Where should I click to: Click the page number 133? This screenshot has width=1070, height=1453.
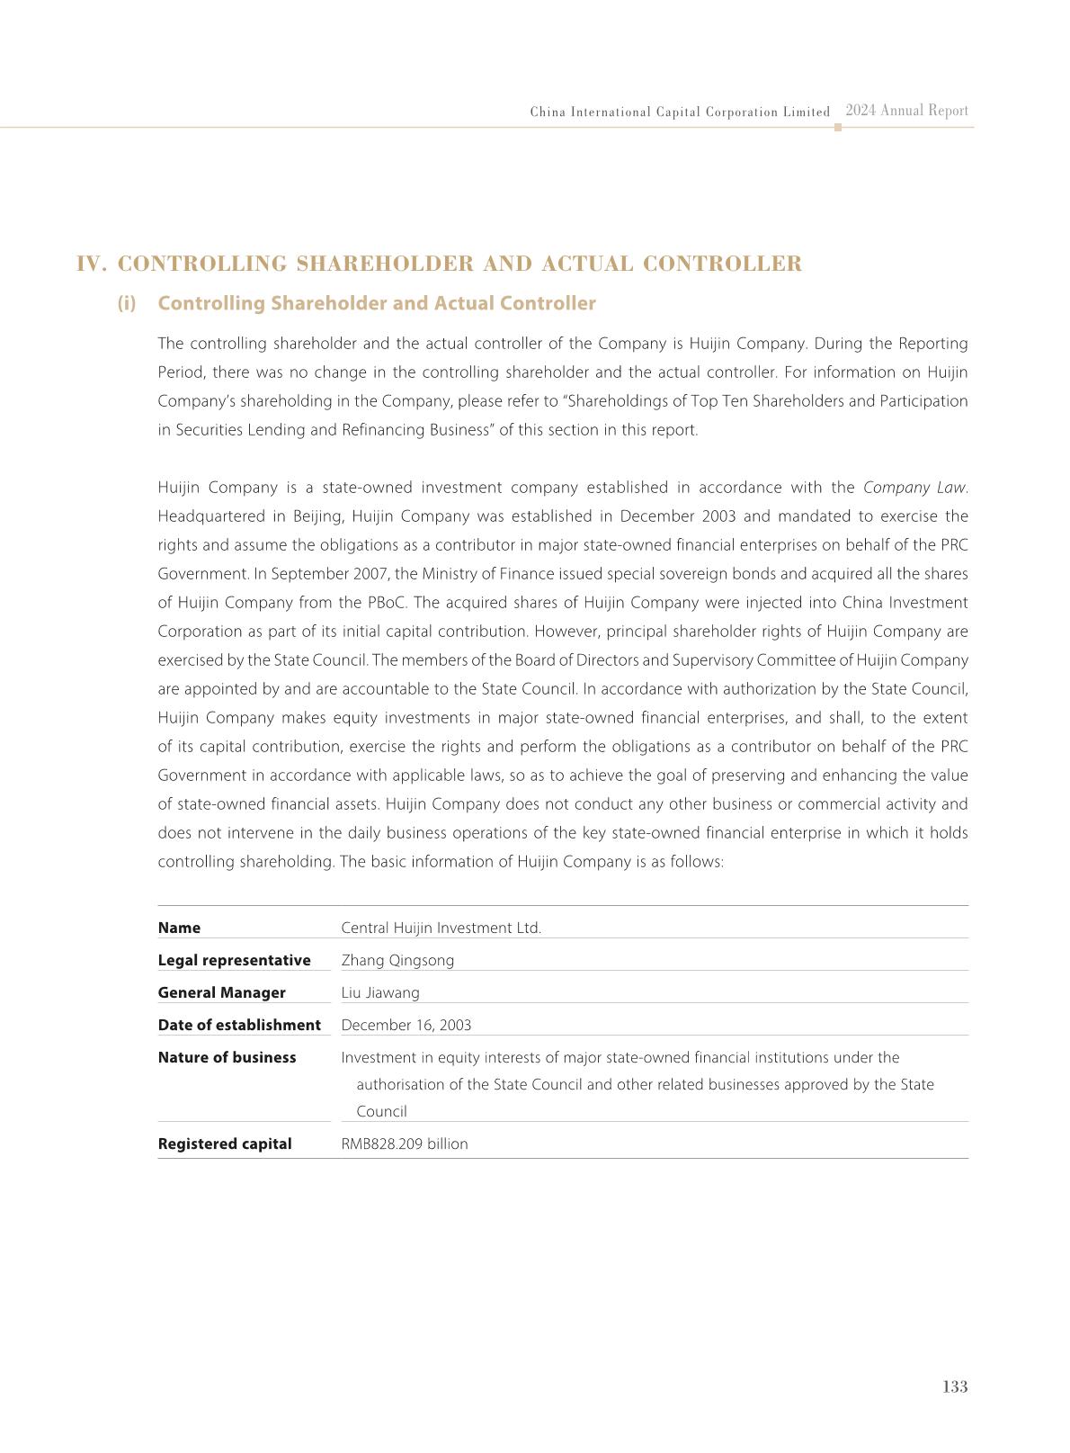point(955,1386)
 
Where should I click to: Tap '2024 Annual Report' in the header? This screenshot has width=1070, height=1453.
point(906,111)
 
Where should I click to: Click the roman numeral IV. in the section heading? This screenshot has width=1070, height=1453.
point(93,264)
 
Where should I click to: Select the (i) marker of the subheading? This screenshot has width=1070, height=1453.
point(127,303)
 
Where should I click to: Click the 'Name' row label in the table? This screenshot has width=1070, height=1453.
point(179,928)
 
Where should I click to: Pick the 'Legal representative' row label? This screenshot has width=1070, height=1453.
point(234,960)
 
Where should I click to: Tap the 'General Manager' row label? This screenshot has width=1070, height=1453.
point(221,992)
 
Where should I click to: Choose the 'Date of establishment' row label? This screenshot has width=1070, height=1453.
point(239,1025)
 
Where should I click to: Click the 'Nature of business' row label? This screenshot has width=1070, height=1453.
point(227,1057)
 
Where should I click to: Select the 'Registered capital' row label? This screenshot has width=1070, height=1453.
point(225,1144)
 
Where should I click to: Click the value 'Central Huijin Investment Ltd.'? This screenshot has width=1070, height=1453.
point(441,928)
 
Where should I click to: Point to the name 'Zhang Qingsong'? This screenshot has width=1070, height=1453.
point(397,960)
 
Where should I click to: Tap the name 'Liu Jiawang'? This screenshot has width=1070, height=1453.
point(380,992)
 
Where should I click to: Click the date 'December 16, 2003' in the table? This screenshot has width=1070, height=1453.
point(406,1025)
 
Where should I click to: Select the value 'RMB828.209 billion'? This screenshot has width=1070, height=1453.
point(405,1144)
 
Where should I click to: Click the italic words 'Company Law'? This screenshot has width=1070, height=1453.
point(914,488)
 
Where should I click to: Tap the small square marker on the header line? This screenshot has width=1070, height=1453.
point(838,128)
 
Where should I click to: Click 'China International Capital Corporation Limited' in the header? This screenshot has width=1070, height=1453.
point(680,112)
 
